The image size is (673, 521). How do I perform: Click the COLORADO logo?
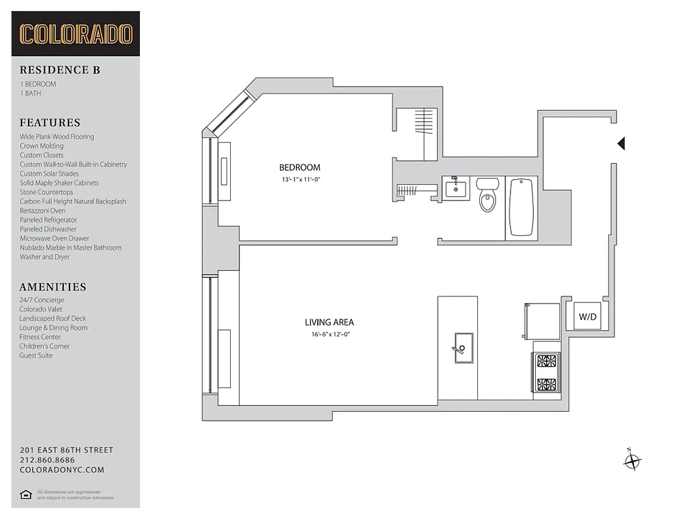(x=75, y=34)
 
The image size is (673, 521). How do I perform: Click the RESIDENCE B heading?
(x=60, y=70)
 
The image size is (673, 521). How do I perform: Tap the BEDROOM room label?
(x=300, y=167)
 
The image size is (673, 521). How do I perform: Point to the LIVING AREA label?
(x=329, y=322)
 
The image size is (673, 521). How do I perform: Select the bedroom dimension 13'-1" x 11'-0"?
(x=300, y=178)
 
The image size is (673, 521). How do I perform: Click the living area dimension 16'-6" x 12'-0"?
(x=329, y=334)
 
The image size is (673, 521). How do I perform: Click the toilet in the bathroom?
(x=487, y=195)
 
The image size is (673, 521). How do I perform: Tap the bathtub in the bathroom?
(x=521, y=206)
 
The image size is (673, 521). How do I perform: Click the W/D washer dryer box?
(x=587, y=317)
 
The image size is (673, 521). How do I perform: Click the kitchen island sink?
(x=462, y=343)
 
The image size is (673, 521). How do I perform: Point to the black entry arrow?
(x=621, y=143)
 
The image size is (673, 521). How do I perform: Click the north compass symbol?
(x=631, y=461)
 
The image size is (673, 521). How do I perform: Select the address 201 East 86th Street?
(x=66, y=450)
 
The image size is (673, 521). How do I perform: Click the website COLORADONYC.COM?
(x=62, y=470)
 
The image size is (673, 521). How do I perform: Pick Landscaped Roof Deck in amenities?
(x=53, y=318)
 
